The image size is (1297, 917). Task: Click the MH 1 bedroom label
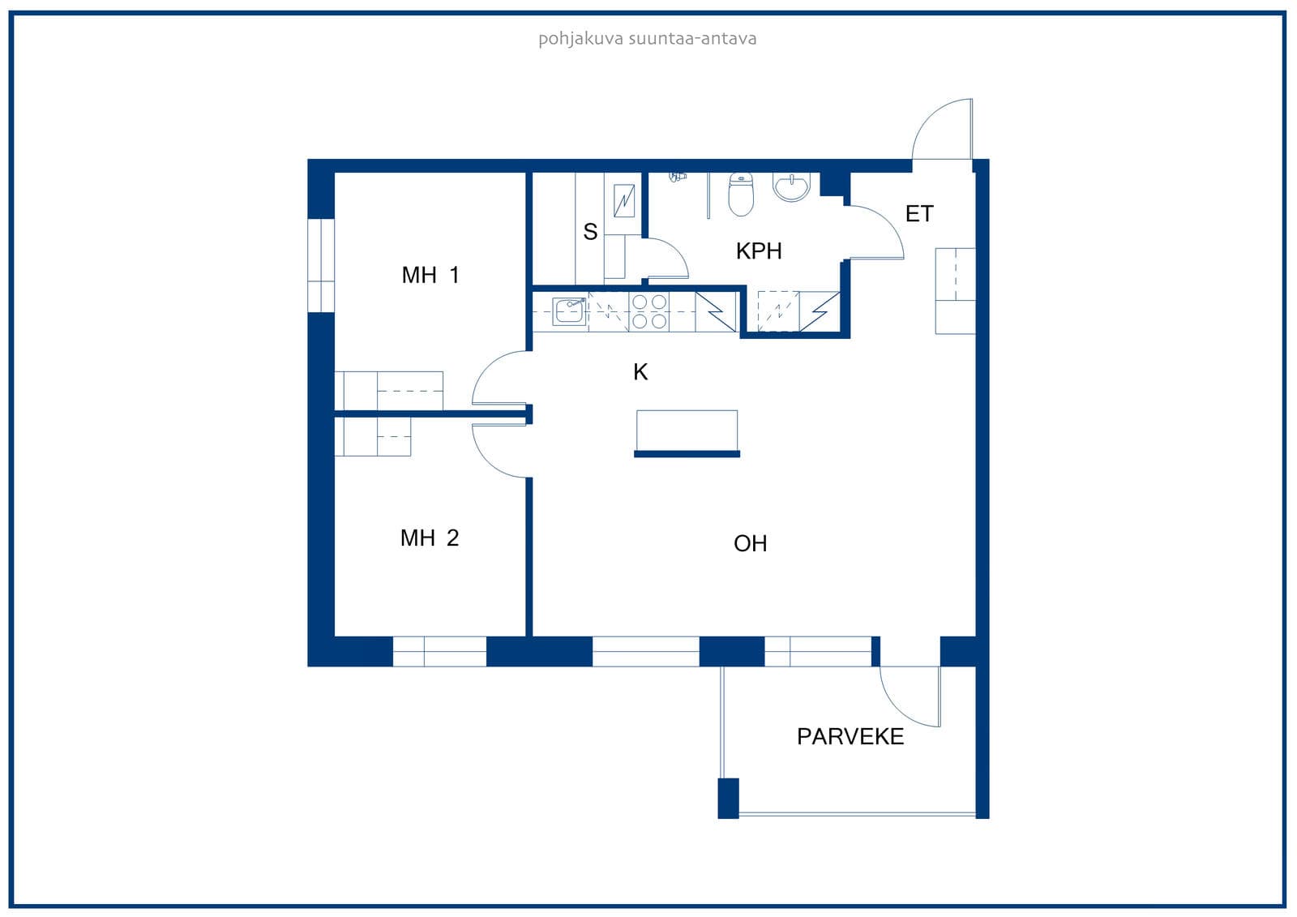pos(430,275)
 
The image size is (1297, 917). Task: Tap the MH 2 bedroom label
pos(430,538)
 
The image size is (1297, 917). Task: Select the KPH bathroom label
pos(759,251)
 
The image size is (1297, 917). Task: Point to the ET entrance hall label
pos(919,214)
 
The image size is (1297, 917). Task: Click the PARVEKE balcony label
pos(850,736)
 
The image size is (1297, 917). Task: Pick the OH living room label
pos(750,543)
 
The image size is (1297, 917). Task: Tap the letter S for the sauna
pos(590,232)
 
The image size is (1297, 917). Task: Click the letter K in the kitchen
pos(640,372)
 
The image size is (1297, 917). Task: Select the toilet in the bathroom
pos(741,194)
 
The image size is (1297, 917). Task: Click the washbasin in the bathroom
pos(791,186)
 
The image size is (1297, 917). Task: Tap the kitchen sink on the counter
pos(568,311)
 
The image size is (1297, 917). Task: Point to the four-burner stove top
pos(649,311)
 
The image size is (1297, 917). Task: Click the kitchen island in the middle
pos(687,434)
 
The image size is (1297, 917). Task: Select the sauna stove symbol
pos(623,200)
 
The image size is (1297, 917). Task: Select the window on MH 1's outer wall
pos(321,265)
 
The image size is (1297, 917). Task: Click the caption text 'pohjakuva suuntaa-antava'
pos(648,39)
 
